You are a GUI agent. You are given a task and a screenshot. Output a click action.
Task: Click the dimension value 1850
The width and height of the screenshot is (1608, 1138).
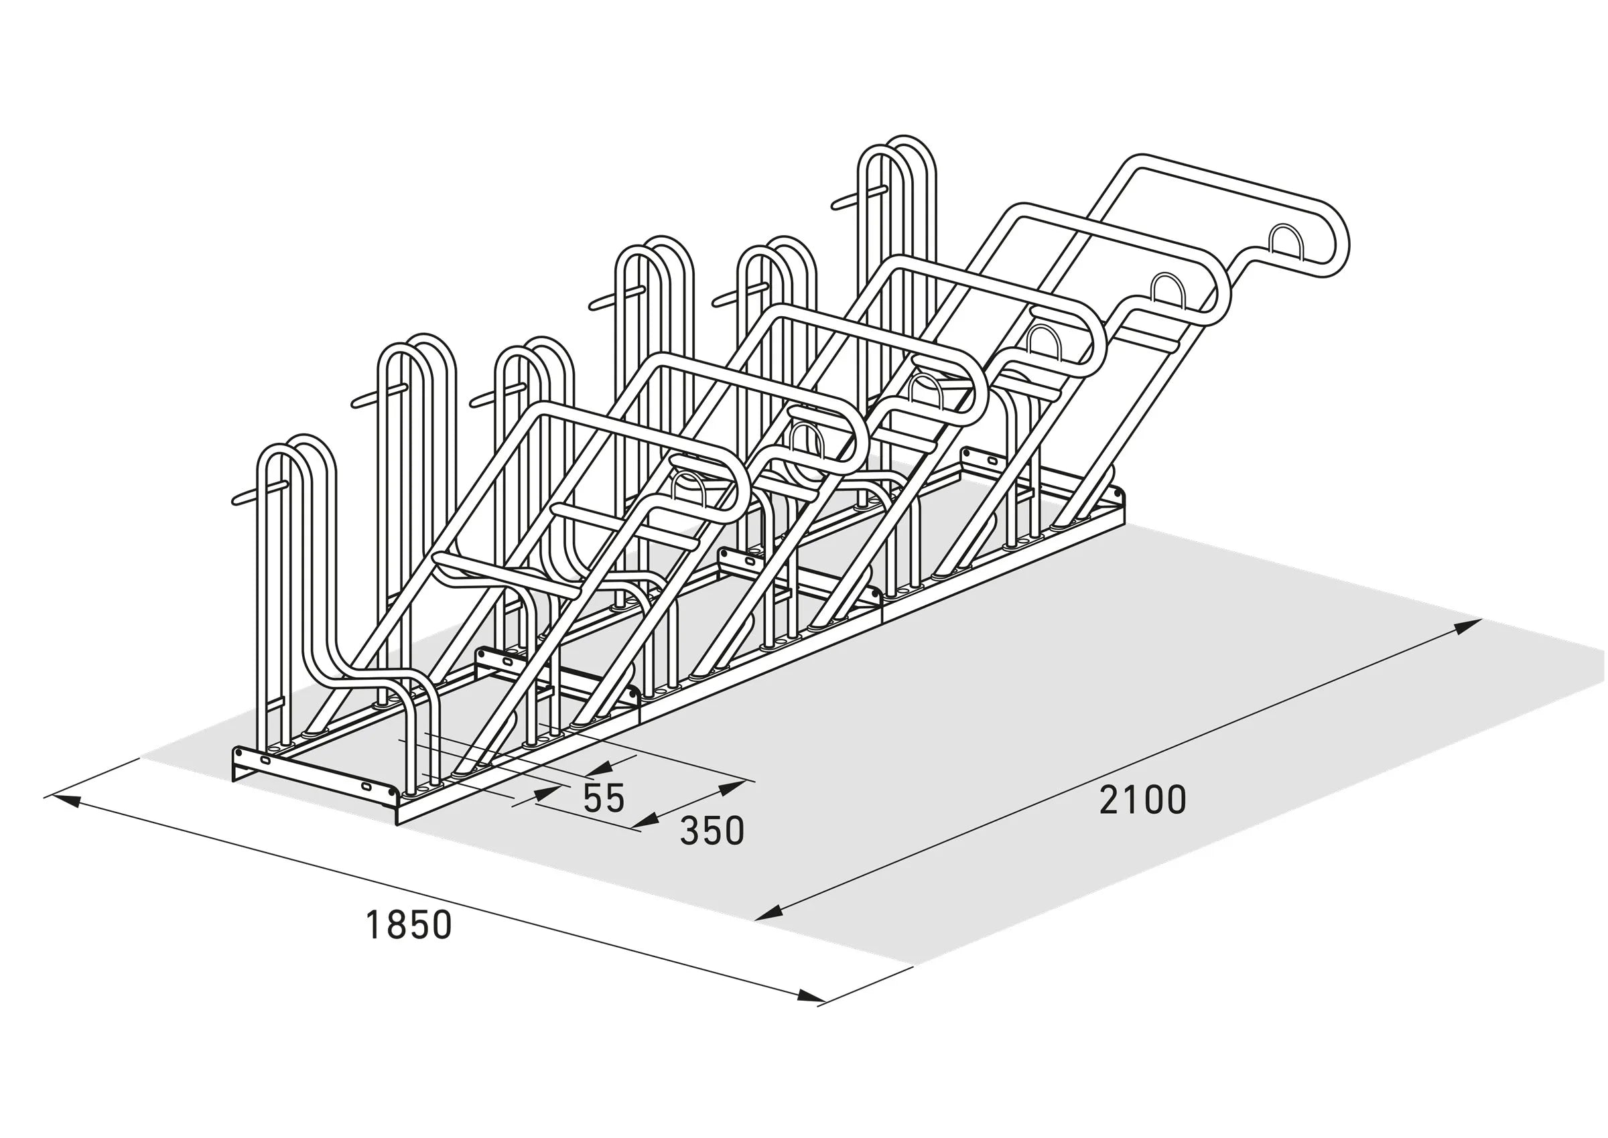(x=409, y=925)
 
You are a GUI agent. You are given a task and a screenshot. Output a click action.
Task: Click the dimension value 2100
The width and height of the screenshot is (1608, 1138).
(x=1142, y=800)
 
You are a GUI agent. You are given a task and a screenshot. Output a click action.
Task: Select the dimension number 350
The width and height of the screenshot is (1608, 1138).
(x=712, y=831)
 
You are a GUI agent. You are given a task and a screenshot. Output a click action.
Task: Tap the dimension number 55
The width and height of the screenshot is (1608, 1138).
(x=604, y=798)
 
